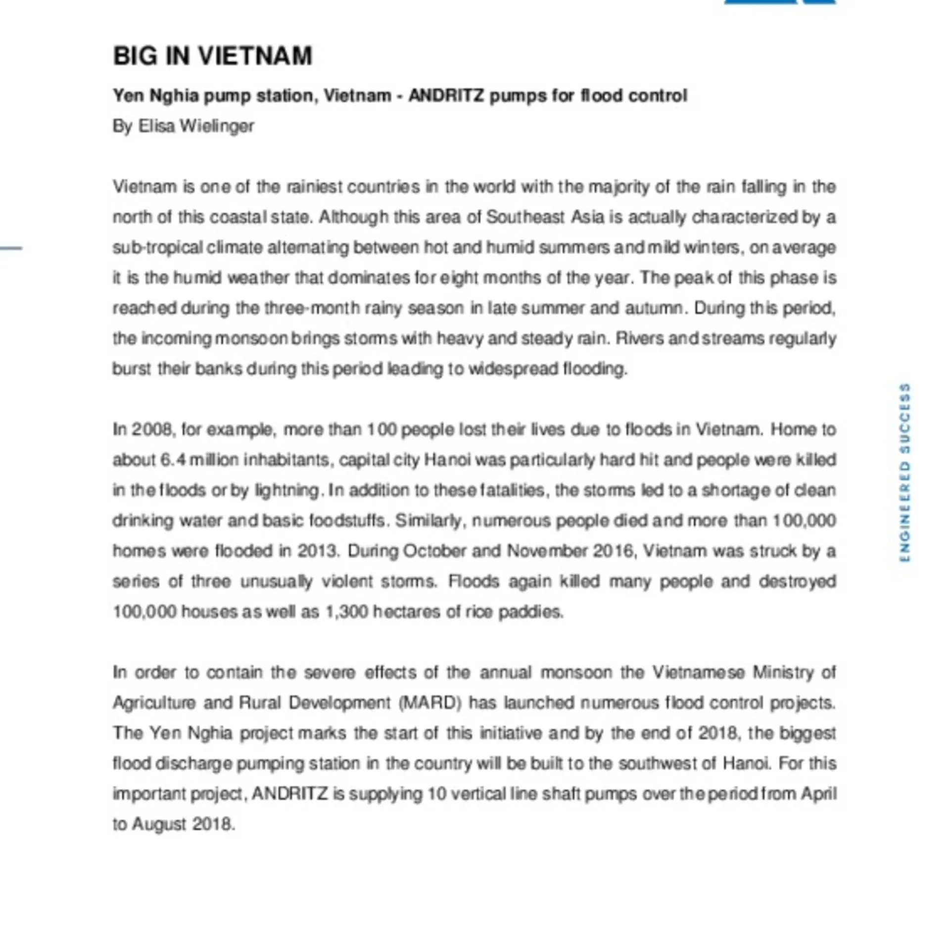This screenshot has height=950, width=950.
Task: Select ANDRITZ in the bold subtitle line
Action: pyautogui.click(x=446, y=95)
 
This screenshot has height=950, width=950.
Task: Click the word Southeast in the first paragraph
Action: pyautogui.click(x=525, y=217)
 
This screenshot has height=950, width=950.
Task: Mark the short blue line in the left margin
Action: pyautogui.click(x=11, y=248)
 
